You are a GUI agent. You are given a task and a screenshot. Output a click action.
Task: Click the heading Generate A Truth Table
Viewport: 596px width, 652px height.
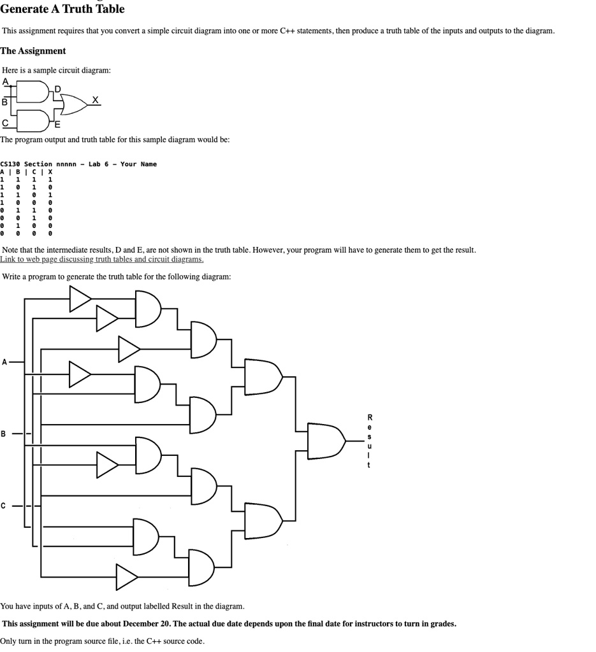(62, 9)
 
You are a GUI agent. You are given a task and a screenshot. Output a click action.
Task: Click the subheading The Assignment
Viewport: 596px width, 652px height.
(33, 51)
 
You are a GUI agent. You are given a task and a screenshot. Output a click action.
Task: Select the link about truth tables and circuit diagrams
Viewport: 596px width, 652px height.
(102, 259)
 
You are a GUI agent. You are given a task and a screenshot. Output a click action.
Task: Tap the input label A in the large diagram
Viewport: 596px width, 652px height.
(5, 362)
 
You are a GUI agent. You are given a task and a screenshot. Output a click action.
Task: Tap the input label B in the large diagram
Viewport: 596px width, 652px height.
(4, 434)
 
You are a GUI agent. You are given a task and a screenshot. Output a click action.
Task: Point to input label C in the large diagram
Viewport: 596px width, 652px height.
(4, 506)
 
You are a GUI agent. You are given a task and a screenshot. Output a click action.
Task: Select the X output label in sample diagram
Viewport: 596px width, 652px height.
(96, 99)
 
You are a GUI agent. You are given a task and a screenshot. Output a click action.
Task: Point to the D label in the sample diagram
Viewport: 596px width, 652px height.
(58, 89)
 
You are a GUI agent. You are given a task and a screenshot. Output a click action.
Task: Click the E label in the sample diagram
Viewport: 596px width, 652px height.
(57, 124)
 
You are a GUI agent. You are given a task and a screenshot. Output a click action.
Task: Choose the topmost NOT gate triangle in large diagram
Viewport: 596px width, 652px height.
(80, 299)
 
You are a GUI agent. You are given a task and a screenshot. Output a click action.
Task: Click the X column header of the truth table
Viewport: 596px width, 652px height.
(50, 172)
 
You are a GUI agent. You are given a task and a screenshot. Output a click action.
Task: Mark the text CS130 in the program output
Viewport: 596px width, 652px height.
(10, 164)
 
